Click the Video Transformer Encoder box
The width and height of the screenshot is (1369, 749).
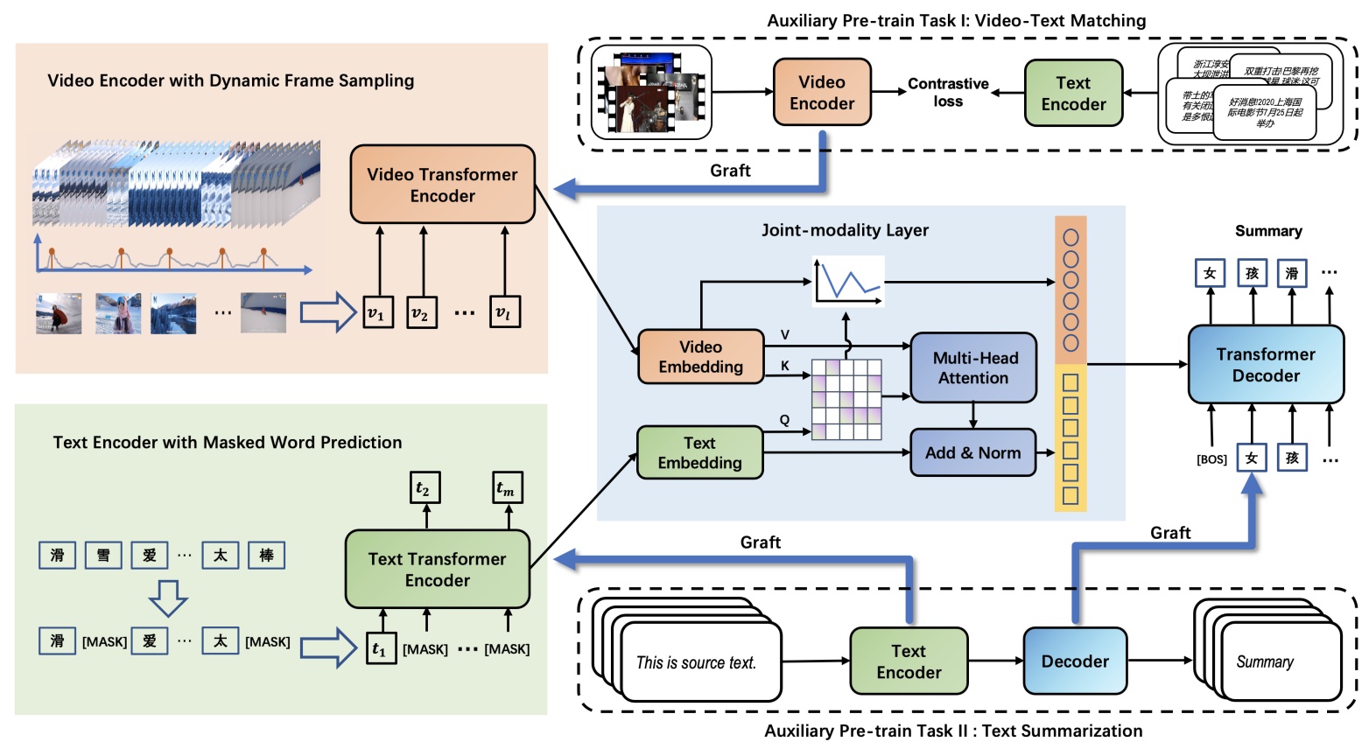[442, 185]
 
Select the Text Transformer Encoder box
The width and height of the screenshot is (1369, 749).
[437, 569]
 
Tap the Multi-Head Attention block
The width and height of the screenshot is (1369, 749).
[972, 367]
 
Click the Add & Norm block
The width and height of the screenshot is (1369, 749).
[972, 452]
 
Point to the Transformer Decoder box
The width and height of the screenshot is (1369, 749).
[1265, 365]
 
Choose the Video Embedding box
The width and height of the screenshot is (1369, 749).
[700, 357]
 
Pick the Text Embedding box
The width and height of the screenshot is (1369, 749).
[699, 452]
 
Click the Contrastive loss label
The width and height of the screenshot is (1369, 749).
[948, 92]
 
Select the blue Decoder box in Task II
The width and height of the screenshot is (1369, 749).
[1074, 661]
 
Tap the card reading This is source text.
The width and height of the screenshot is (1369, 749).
[696, 662]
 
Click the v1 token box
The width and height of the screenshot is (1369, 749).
[378, 312]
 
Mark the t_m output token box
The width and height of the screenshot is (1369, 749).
[509, 488]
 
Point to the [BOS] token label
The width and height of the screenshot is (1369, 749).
[1211, 459]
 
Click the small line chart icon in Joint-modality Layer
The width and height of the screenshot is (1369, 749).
[847, 281]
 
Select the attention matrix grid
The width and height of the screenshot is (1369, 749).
[846, 399]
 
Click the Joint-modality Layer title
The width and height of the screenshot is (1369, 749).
[845, 230]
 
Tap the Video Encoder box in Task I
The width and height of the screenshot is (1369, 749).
[821, 93]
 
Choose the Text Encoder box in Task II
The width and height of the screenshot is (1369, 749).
[909, 661]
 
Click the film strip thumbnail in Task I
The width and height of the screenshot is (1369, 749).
[651, 93]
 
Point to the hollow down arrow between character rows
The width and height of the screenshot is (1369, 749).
[168, 598]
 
